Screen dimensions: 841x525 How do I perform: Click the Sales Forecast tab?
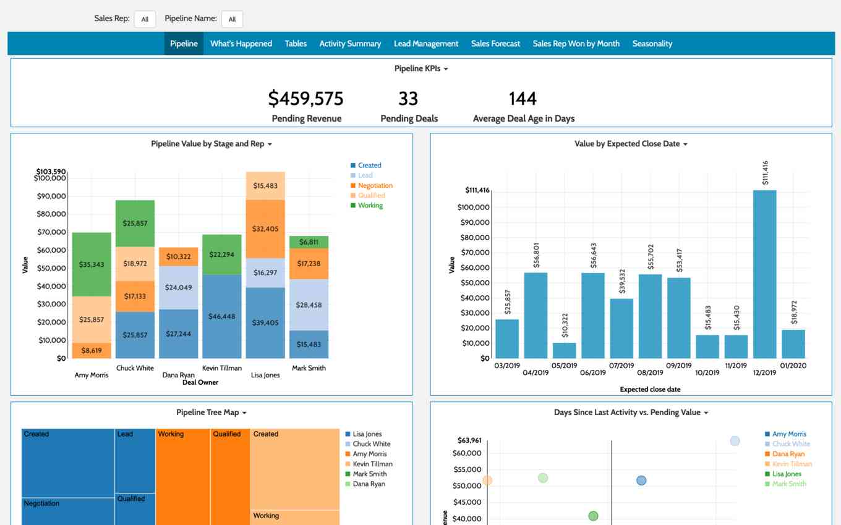coord(495,43)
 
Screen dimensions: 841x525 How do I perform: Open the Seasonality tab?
coord(652,43)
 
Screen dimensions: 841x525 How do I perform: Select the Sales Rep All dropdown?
coord(145,19)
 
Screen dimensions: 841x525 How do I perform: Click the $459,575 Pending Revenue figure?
coord(305,98)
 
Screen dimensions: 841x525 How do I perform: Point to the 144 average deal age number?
coord(523,99)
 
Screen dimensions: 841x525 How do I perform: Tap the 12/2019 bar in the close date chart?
coord(764,274)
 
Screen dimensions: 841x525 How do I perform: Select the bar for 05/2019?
coord(565,350)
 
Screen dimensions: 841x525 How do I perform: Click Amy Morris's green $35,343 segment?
coord(92,264)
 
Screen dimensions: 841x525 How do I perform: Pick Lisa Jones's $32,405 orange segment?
coord(265,229)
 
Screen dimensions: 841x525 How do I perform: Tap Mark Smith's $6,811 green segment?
coord(309,242)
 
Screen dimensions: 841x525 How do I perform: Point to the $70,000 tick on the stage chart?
coord(51,232)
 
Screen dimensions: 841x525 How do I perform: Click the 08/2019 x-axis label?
coord(650,372)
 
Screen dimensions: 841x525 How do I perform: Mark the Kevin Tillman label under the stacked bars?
coord(222,368)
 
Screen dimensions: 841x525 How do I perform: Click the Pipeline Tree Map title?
coord(208,412)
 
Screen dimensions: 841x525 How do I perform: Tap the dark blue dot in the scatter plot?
coord(641,480)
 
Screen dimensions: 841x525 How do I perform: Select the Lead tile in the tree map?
coord(135,461)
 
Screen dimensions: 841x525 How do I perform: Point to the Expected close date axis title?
coord(650,389)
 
